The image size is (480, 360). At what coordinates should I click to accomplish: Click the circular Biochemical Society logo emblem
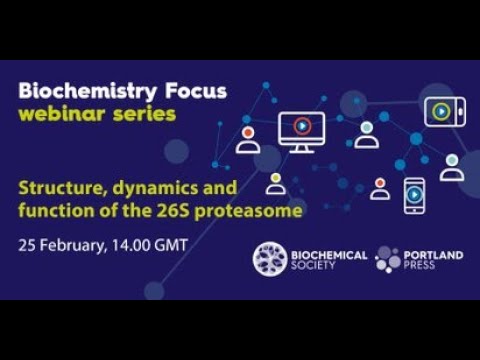pyautogui.click(x=270, y=259)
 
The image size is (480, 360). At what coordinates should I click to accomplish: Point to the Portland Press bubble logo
pyautogui.click(x=387, y=259)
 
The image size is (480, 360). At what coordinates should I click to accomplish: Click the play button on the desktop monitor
pyautogui.click(x=301, y=126)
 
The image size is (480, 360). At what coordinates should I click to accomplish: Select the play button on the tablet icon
pyautogui.click(x=441, y=111)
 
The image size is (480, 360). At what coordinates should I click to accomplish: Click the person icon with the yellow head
pyautogui.click(x=275, y=184)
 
